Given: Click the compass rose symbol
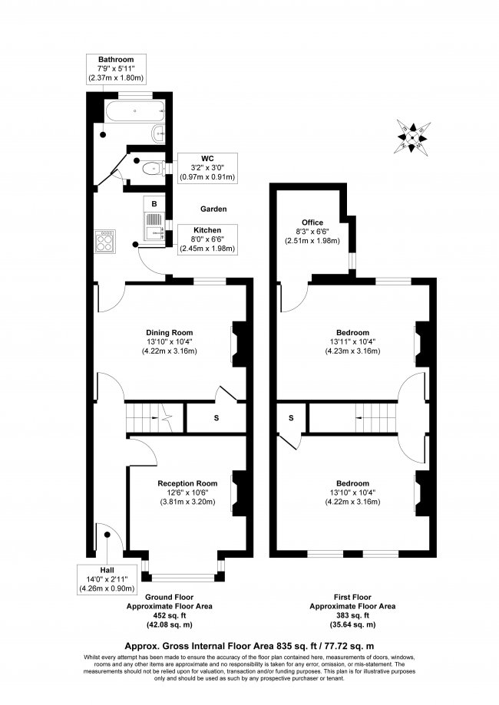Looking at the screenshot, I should [412, 136].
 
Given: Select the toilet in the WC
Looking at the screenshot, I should [150, 167].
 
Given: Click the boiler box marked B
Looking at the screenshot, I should [154, 204].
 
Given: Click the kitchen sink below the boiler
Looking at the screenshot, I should [154, 228].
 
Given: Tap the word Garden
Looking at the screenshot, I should [213, 209].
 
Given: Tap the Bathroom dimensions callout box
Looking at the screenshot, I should [116, 69].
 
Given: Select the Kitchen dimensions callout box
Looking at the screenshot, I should [207, 239].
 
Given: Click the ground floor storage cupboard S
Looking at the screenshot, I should [215, 418].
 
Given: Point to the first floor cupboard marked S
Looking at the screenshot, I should [292, 418].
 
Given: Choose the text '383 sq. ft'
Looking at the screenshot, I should [352, 615].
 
